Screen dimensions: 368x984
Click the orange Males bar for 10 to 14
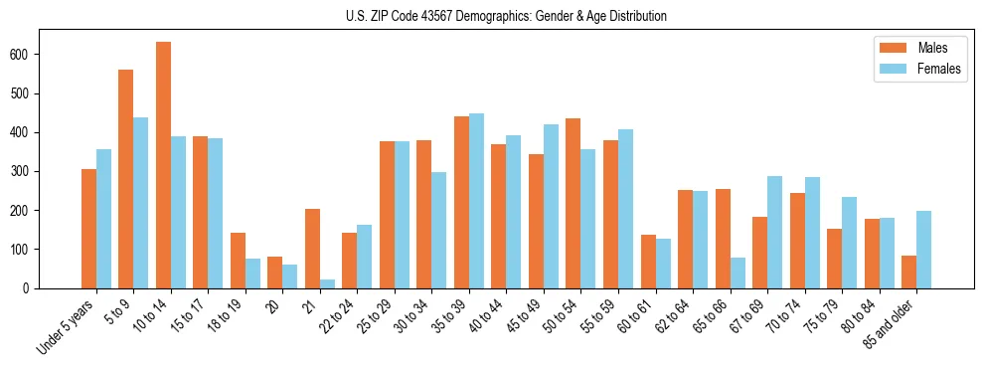tap(163, 165)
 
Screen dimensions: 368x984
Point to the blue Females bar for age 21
tap(327, 284)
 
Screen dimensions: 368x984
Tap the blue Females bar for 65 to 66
tap(738, 273)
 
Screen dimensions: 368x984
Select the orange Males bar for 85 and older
tap(908, 272)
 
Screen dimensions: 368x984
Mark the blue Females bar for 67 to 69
tap(774, 232)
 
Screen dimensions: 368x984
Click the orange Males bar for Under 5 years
tap(88, 229)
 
